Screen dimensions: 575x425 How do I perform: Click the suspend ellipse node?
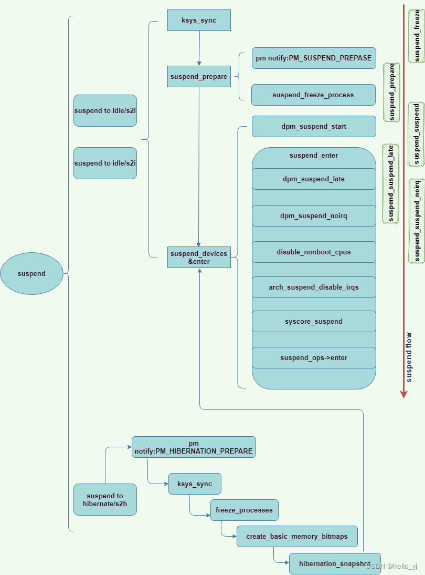click(31, 273)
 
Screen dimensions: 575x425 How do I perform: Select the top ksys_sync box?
click(199, 20)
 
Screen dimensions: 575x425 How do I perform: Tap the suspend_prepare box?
click(199, 76)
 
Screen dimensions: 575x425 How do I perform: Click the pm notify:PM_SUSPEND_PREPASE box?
click(314, 58)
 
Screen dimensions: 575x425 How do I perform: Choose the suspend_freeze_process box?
click(313, 95)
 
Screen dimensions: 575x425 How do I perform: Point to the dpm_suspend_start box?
click(314, 126)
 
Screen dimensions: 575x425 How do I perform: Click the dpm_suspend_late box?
click(314, 179)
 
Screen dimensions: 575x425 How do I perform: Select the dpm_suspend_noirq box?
click(314, 215)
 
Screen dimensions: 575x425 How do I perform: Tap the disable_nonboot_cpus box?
click(314, 252)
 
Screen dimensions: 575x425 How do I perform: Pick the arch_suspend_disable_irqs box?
click(314, 287)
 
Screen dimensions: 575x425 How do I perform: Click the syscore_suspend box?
click(314, 321)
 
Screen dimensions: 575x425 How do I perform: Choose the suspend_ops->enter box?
click(314, 357)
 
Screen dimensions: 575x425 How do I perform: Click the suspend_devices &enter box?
click(199, 257)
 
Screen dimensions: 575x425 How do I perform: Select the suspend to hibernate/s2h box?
click(105, 499)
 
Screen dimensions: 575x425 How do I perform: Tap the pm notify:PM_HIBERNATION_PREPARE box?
click(194, 447)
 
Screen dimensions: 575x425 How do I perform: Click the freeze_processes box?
click(245, 510)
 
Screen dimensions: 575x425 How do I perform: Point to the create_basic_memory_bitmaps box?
click(297, 536)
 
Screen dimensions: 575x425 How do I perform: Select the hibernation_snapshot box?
click(335, 563)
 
